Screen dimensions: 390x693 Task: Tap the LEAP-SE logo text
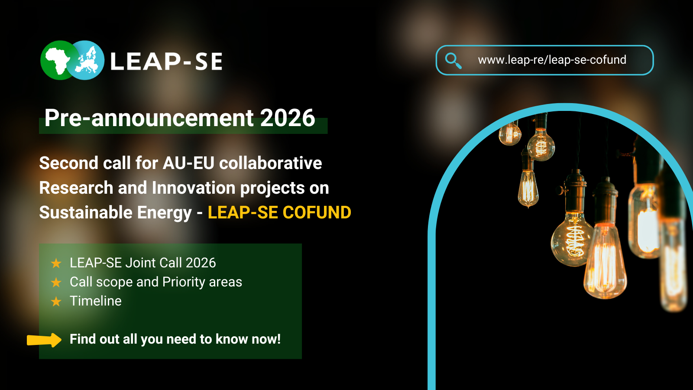pos(166,62)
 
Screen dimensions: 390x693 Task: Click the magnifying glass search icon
pos(453,60)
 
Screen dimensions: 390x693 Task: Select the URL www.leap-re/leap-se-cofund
pos(552,60)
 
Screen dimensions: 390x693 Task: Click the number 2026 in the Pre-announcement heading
pos(287,118)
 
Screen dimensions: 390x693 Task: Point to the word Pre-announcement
pos(149,118)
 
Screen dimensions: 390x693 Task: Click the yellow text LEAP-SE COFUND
pos(279,213)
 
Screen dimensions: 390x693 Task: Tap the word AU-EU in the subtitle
pos(188,163)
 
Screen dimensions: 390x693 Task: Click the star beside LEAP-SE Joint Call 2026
pos(56,263)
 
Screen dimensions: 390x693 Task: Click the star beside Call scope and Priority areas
pos(56,283)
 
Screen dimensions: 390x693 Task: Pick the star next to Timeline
pos(56,302)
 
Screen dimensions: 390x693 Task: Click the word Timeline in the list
pos(96,301)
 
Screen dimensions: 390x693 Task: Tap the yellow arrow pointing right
pos(44,340)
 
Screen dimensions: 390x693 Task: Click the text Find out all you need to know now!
pos(175,339)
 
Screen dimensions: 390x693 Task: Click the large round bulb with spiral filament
pos(573,240)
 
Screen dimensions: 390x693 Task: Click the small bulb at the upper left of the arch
pos(510,134)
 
